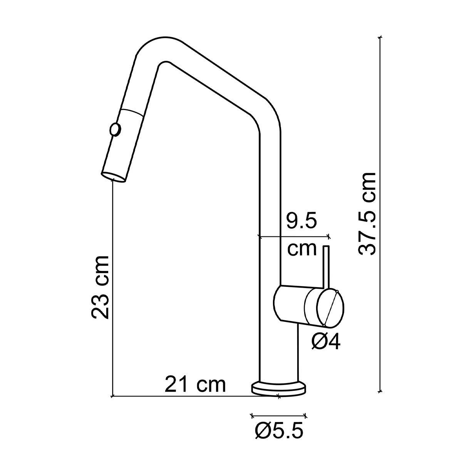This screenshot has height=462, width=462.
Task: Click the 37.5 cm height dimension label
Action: pyautogui.click(x=367, y=214)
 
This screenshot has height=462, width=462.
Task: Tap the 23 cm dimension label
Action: pyautogui.click(x=101, y=287)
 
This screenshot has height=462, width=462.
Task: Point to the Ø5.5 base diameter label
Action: pyautogui.click(x=279, y=431)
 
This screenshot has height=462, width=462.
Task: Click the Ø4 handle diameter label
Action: pyautogui.click(x=326, y=341)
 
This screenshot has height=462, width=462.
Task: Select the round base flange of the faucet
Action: pyautogui.click(x=279, y=388)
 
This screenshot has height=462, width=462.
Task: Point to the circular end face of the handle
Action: pyautogui.click(x=330, y=307)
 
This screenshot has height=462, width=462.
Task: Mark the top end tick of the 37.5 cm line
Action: pyautogui.click(x=380, y=37)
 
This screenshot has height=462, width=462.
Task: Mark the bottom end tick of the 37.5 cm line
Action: pyautogui.click(x=380, y=392)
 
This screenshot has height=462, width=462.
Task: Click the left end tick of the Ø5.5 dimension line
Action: pyautogui.click(x=252, y=415)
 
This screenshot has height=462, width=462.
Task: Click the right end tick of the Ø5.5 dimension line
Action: pyautogui.click(x=306, y=415)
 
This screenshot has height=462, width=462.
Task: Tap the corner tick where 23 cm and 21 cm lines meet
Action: pyautogui.click(x=112, y=396)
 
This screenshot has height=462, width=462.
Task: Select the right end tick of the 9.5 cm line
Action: pyautogui.click(x=328, y=236)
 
